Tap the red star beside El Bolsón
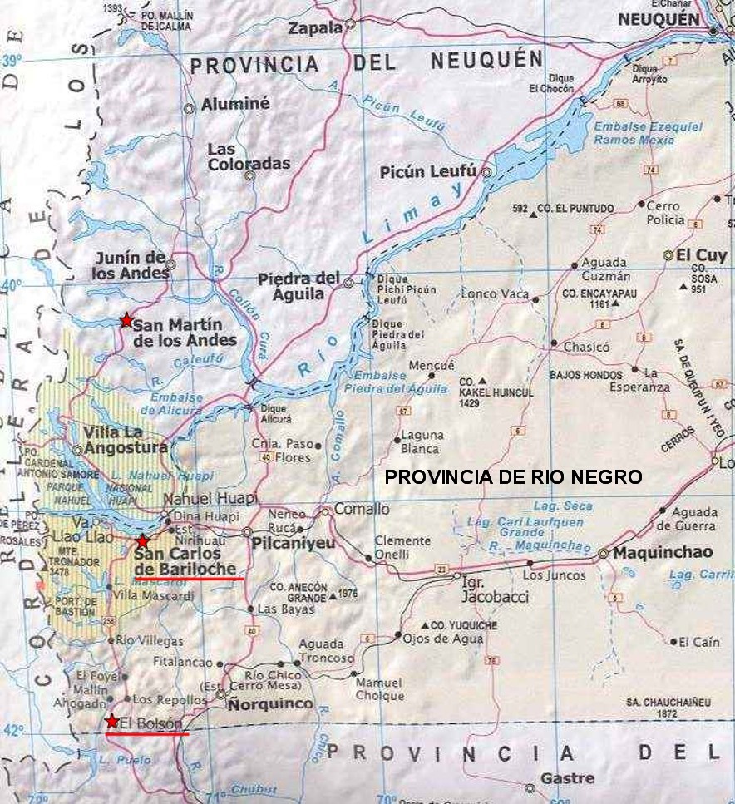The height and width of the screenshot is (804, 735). [112, 722]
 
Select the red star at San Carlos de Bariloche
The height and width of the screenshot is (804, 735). [142, 541]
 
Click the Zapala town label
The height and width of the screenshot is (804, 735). [315, 28]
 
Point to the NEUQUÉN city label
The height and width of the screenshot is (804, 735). [662, 20]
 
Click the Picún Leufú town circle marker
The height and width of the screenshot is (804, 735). [486, 173]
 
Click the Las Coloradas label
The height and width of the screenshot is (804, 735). [249, 156]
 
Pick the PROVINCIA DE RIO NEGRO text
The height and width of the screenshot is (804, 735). [514, 477]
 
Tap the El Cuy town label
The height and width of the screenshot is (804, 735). [703, 254]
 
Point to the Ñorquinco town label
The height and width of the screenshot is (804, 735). [270, 704]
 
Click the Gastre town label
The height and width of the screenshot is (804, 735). [567, 778]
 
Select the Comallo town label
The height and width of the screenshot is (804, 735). [362, 509]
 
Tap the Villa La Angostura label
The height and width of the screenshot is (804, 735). [125, 440]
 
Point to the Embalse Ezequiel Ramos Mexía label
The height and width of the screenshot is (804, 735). [648, 133]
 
